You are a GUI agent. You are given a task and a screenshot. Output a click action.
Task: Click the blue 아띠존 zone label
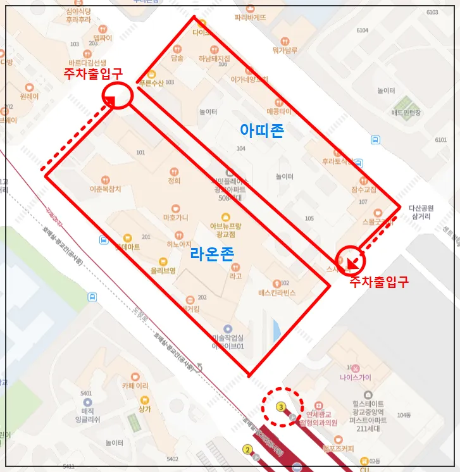tap(261, 131)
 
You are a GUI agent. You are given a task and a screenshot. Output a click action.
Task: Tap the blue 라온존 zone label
tap(211, 254)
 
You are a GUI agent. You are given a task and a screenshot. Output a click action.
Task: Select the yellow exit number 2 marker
tap(247, 450)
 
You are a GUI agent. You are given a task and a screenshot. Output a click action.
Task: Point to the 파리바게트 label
tap(250, 17)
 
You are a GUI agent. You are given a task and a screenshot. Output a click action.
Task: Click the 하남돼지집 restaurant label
tap(214, 58)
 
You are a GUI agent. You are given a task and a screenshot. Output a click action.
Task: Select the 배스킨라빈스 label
tap(277, 293)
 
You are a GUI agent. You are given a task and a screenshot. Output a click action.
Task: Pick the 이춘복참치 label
tap(105, 189)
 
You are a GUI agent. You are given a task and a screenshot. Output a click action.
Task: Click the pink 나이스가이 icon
tap(356, 368)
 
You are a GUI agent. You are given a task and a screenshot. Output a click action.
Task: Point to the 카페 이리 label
tap(135, 385)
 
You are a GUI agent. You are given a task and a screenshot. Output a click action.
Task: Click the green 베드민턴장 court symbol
tap(402, 103)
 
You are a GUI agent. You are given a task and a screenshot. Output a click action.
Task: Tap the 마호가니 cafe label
tap(175, 217)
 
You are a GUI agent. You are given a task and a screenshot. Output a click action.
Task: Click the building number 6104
tap(362, 30)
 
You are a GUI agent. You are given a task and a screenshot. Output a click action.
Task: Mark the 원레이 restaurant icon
tap(28, 87)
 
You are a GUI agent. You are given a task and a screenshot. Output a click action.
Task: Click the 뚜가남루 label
tap(285, 50)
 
